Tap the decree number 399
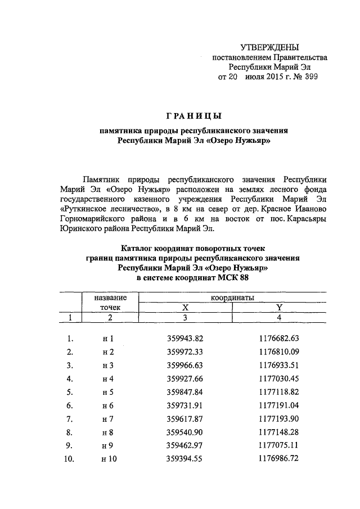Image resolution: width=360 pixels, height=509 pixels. pyautogui.click(x=310, y=77)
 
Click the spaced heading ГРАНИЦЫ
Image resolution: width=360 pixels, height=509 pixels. pyautogui.click(x=194, y=116)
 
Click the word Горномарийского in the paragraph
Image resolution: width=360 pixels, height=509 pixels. pyautogui.click(x=90, y=219)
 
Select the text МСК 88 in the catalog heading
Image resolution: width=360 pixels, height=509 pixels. pyautogui.click(x=233, y=278)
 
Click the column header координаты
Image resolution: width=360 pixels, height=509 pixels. pyautogui.click(x=233, y=297)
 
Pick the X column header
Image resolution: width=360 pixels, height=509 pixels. pyautogui.click(x=184, y=307)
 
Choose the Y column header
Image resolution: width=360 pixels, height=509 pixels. pyautogui.click(x=279, y=307)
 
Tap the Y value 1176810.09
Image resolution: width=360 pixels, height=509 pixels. pyautogui.click(x=279, y=352)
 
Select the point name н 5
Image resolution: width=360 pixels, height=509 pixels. pyautogui.click(x=107, y=392)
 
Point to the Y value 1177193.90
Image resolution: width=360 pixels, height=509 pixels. pyautogui.click(x=279, y=419)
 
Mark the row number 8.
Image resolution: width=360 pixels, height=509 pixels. pyautogui.click(x=70, y=433)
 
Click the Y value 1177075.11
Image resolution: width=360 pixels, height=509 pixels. pyautogui.click(x=279, y=445)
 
